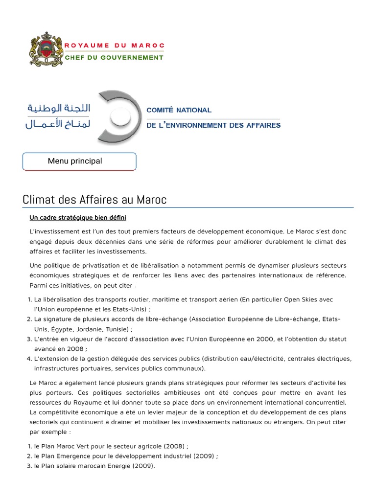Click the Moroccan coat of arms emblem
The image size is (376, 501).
(47, 51)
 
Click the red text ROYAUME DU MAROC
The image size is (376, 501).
(115, 46)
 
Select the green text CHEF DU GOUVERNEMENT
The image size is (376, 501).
(115, 57)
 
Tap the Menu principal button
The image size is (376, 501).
(79, 161)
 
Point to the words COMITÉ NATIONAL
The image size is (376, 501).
(179, 110)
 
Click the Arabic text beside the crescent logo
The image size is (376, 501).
(58, 116)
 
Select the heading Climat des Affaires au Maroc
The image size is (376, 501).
(94, 200)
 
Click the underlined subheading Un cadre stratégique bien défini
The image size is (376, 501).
(78, 217)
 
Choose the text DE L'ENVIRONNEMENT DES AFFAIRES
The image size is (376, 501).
(213, 125)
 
